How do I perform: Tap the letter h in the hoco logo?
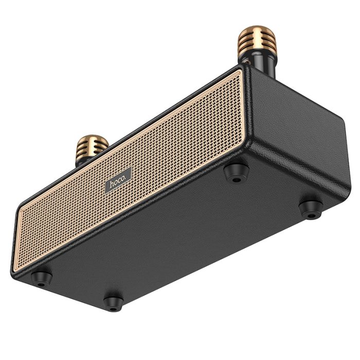point(111,184)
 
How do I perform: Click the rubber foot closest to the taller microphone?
point(237,172)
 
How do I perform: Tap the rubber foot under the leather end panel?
point(311,207)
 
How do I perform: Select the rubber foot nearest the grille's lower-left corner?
point(42,278)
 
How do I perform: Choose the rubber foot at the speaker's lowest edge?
point(113,302)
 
